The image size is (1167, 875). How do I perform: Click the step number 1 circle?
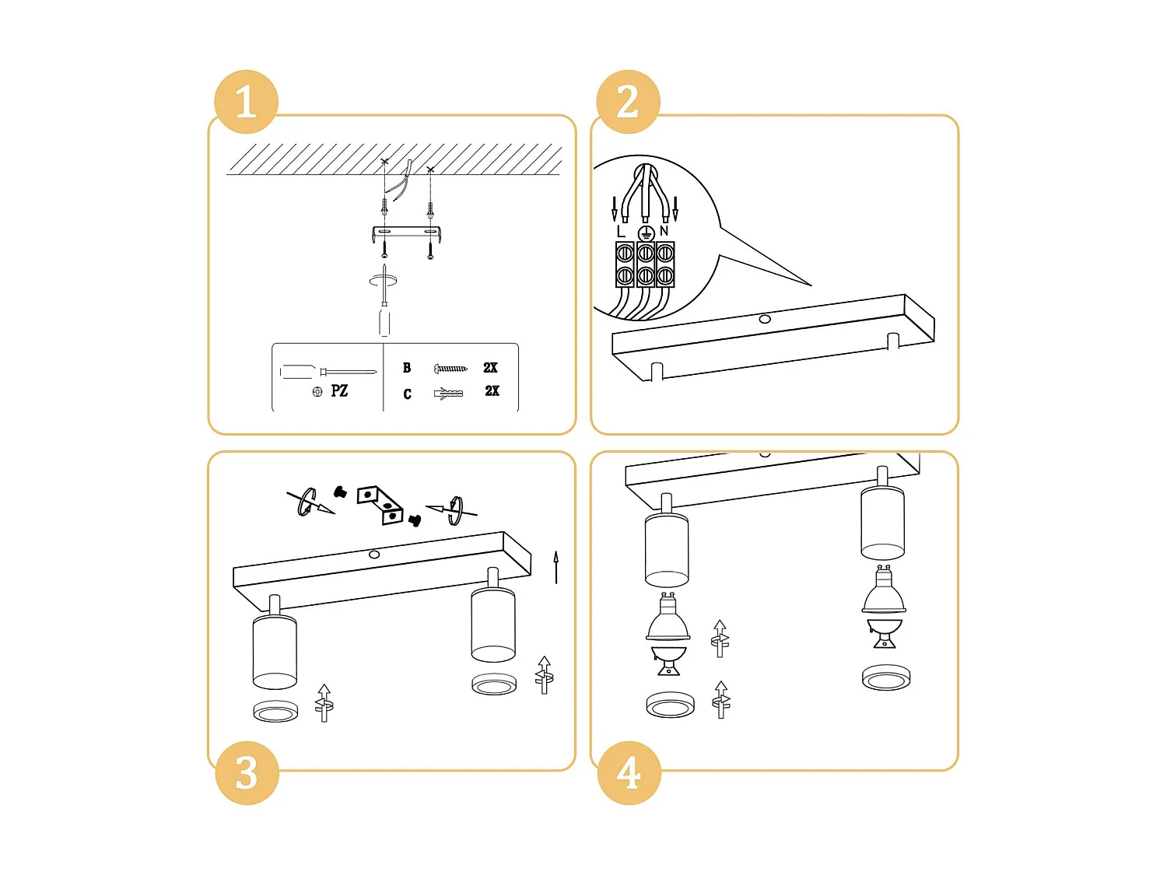pyautogui.click(x=246, y=102)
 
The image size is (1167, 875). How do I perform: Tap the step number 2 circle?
pyautogui.click(x=628, y=102)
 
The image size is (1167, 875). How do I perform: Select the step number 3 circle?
pyautogui.click(x=247, y=772)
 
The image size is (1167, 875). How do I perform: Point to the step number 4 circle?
pyautogui.click(x=629, y=772)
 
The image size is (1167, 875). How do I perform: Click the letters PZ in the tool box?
pyautogui.click(x=339, y=390)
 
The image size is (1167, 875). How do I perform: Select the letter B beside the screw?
pyautogui.click(x=407, y=368)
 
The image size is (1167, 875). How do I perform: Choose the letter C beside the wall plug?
pyautogui.click(x=407, y=394)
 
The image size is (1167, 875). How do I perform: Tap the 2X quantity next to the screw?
pyautogui.click(x=490, y=368)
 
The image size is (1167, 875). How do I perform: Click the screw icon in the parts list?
pyautogui.click(x=450, y=368)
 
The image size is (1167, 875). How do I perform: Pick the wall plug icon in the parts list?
pyautogui.click(x=448, y=394)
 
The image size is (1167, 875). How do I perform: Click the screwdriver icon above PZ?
pyautogui.click(x=328, y=372)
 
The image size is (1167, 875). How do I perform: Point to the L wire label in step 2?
pyautogui.click(x=620, y=232)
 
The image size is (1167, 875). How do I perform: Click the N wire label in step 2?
pyautogui.click(x=664, y=231)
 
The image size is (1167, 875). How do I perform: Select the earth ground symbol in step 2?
pyautogui.click(x=645, y=233)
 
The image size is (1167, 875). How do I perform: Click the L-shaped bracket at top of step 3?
pyautogui.click(x=380, y=504)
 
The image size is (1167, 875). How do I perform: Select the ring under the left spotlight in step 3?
pyautogui.click(x=275, y=711)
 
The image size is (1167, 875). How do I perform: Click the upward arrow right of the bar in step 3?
pyautogui.click(x=555, y=567)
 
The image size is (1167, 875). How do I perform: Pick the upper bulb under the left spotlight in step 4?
pyautogui.click(x=668, y=619)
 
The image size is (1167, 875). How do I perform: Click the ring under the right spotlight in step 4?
pyautogui.click(x=886, y=677)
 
